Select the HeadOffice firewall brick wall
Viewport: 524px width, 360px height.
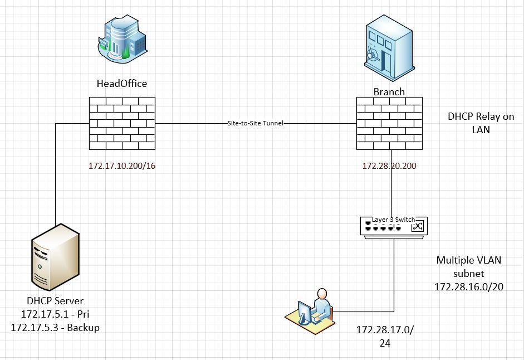click(122, 123)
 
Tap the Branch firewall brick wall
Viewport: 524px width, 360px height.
click(390, 123)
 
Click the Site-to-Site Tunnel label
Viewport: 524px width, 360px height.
click(256, 123)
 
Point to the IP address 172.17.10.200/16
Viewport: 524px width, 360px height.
click(122, 166)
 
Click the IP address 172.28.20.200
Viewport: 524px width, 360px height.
click(389, 166)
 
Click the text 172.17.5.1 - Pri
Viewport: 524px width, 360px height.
click(55, 314)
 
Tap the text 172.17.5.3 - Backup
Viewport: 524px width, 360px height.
click(55, 327)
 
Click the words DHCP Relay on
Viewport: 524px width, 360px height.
click(481, 116)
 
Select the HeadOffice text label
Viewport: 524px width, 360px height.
click(122, 84)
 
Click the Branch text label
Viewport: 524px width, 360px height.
click(389, 92)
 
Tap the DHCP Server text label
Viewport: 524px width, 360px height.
click(55, 301)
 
